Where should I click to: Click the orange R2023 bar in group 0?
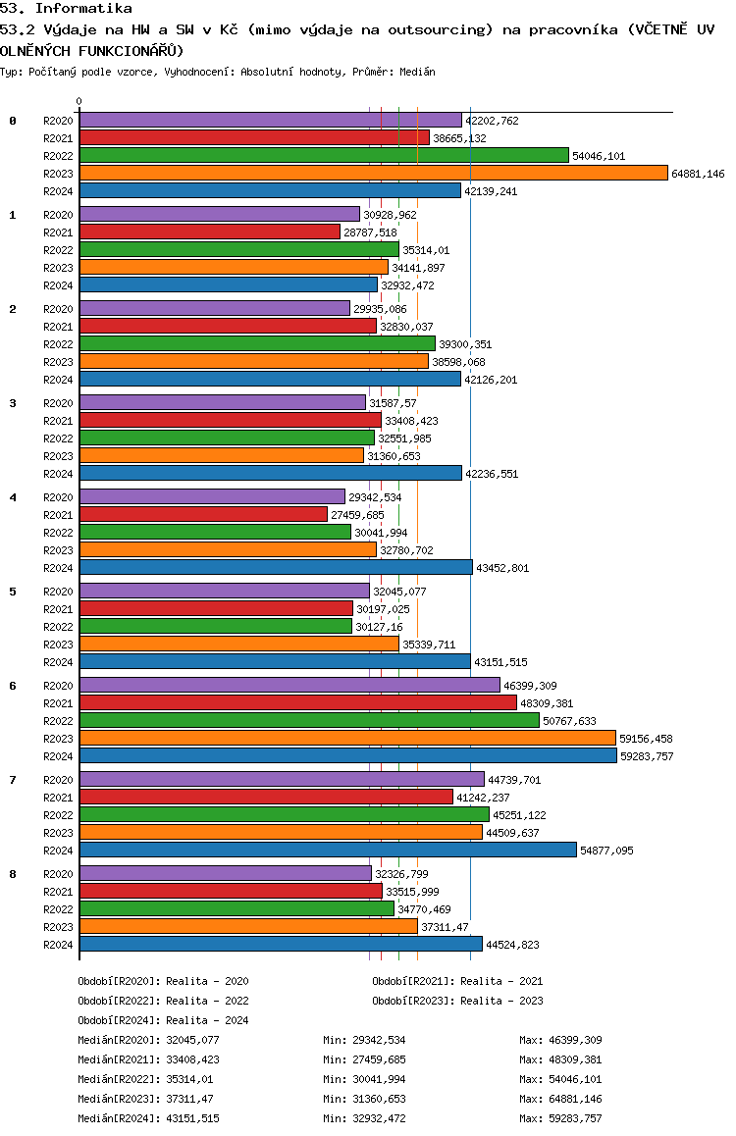[374, 174]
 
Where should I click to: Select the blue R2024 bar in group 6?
[348, 755]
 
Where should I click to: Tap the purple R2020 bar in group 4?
[212, 497]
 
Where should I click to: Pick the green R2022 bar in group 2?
[257, 344]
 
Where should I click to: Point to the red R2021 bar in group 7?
[267, 797]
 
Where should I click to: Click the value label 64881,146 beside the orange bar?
[698, 174]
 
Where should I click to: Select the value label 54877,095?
[606, 851]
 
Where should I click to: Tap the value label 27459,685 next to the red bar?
[357, 515]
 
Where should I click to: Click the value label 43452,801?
[502, 568]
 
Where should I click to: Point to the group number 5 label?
[13, 592]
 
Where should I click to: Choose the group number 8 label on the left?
[13, 874]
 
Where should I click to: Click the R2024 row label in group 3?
[58, 474]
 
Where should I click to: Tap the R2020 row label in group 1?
[58, 215]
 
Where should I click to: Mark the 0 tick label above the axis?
[79, 101]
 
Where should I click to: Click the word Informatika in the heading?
[83, 9]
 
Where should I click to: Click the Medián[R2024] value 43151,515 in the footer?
[192, 1118]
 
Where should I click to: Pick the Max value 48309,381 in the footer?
[575, 1059]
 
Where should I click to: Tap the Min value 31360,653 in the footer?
[379, 1099]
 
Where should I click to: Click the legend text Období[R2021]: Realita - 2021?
[457, 981]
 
